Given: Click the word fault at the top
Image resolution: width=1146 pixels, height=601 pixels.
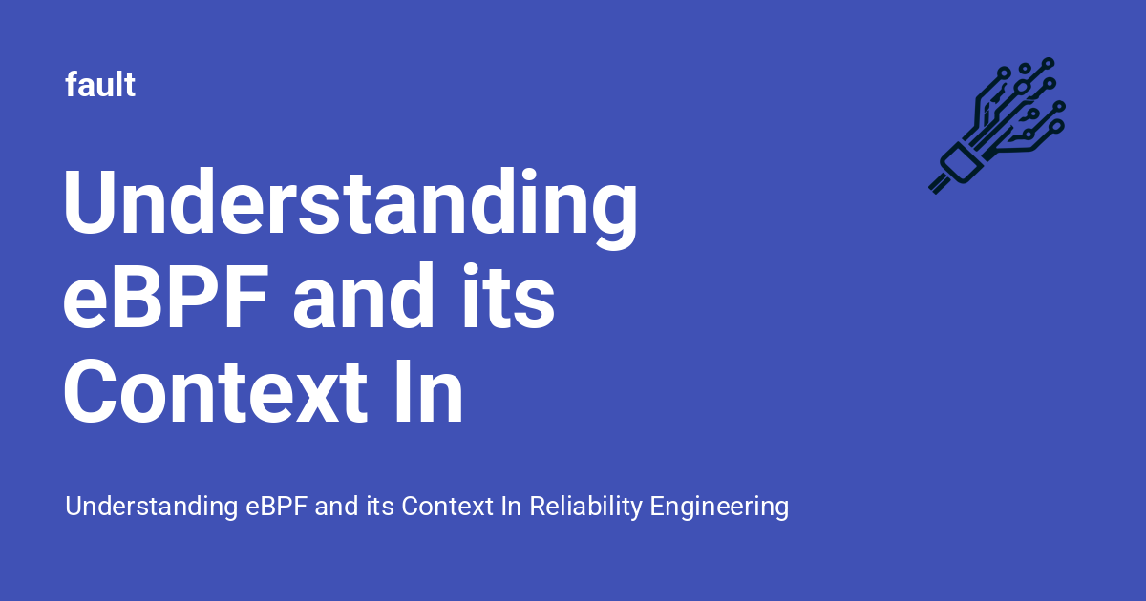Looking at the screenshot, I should [100, 86].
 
